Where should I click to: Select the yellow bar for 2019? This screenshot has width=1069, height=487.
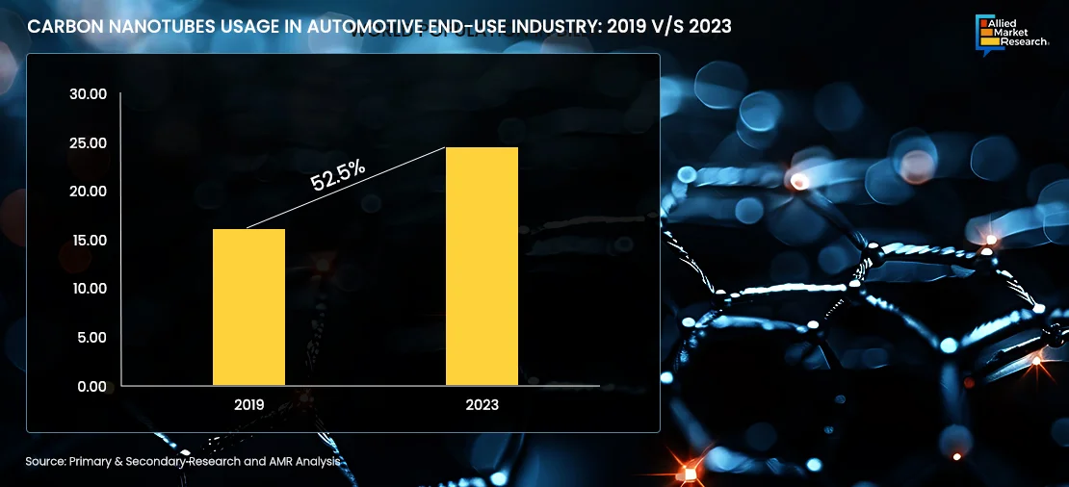point(248,307)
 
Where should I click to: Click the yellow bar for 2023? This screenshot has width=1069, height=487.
point(482,267)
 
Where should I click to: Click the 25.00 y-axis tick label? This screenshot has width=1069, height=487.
point(88,143)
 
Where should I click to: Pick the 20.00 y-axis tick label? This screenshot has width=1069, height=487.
point(88,192)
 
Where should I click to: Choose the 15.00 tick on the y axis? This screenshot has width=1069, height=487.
point(88,241)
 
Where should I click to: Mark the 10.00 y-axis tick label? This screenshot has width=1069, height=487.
point(88,289)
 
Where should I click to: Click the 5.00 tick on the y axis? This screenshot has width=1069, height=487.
point(91,338)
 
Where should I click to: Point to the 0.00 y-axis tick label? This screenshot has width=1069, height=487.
point(91,386)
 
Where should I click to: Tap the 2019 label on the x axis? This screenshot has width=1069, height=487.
point(248,405)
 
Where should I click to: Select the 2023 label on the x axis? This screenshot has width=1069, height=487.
point(482,405)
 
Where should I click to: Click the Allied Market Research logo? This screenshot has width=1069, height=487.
point(1010,31)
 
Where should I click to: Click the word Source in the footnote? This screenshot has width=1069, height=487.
point(45,462)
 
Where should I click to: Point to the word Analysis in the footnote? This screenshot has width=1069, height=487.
point(318,462)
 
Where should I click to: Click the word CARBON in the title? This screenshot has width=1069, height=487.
point(60,27)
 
